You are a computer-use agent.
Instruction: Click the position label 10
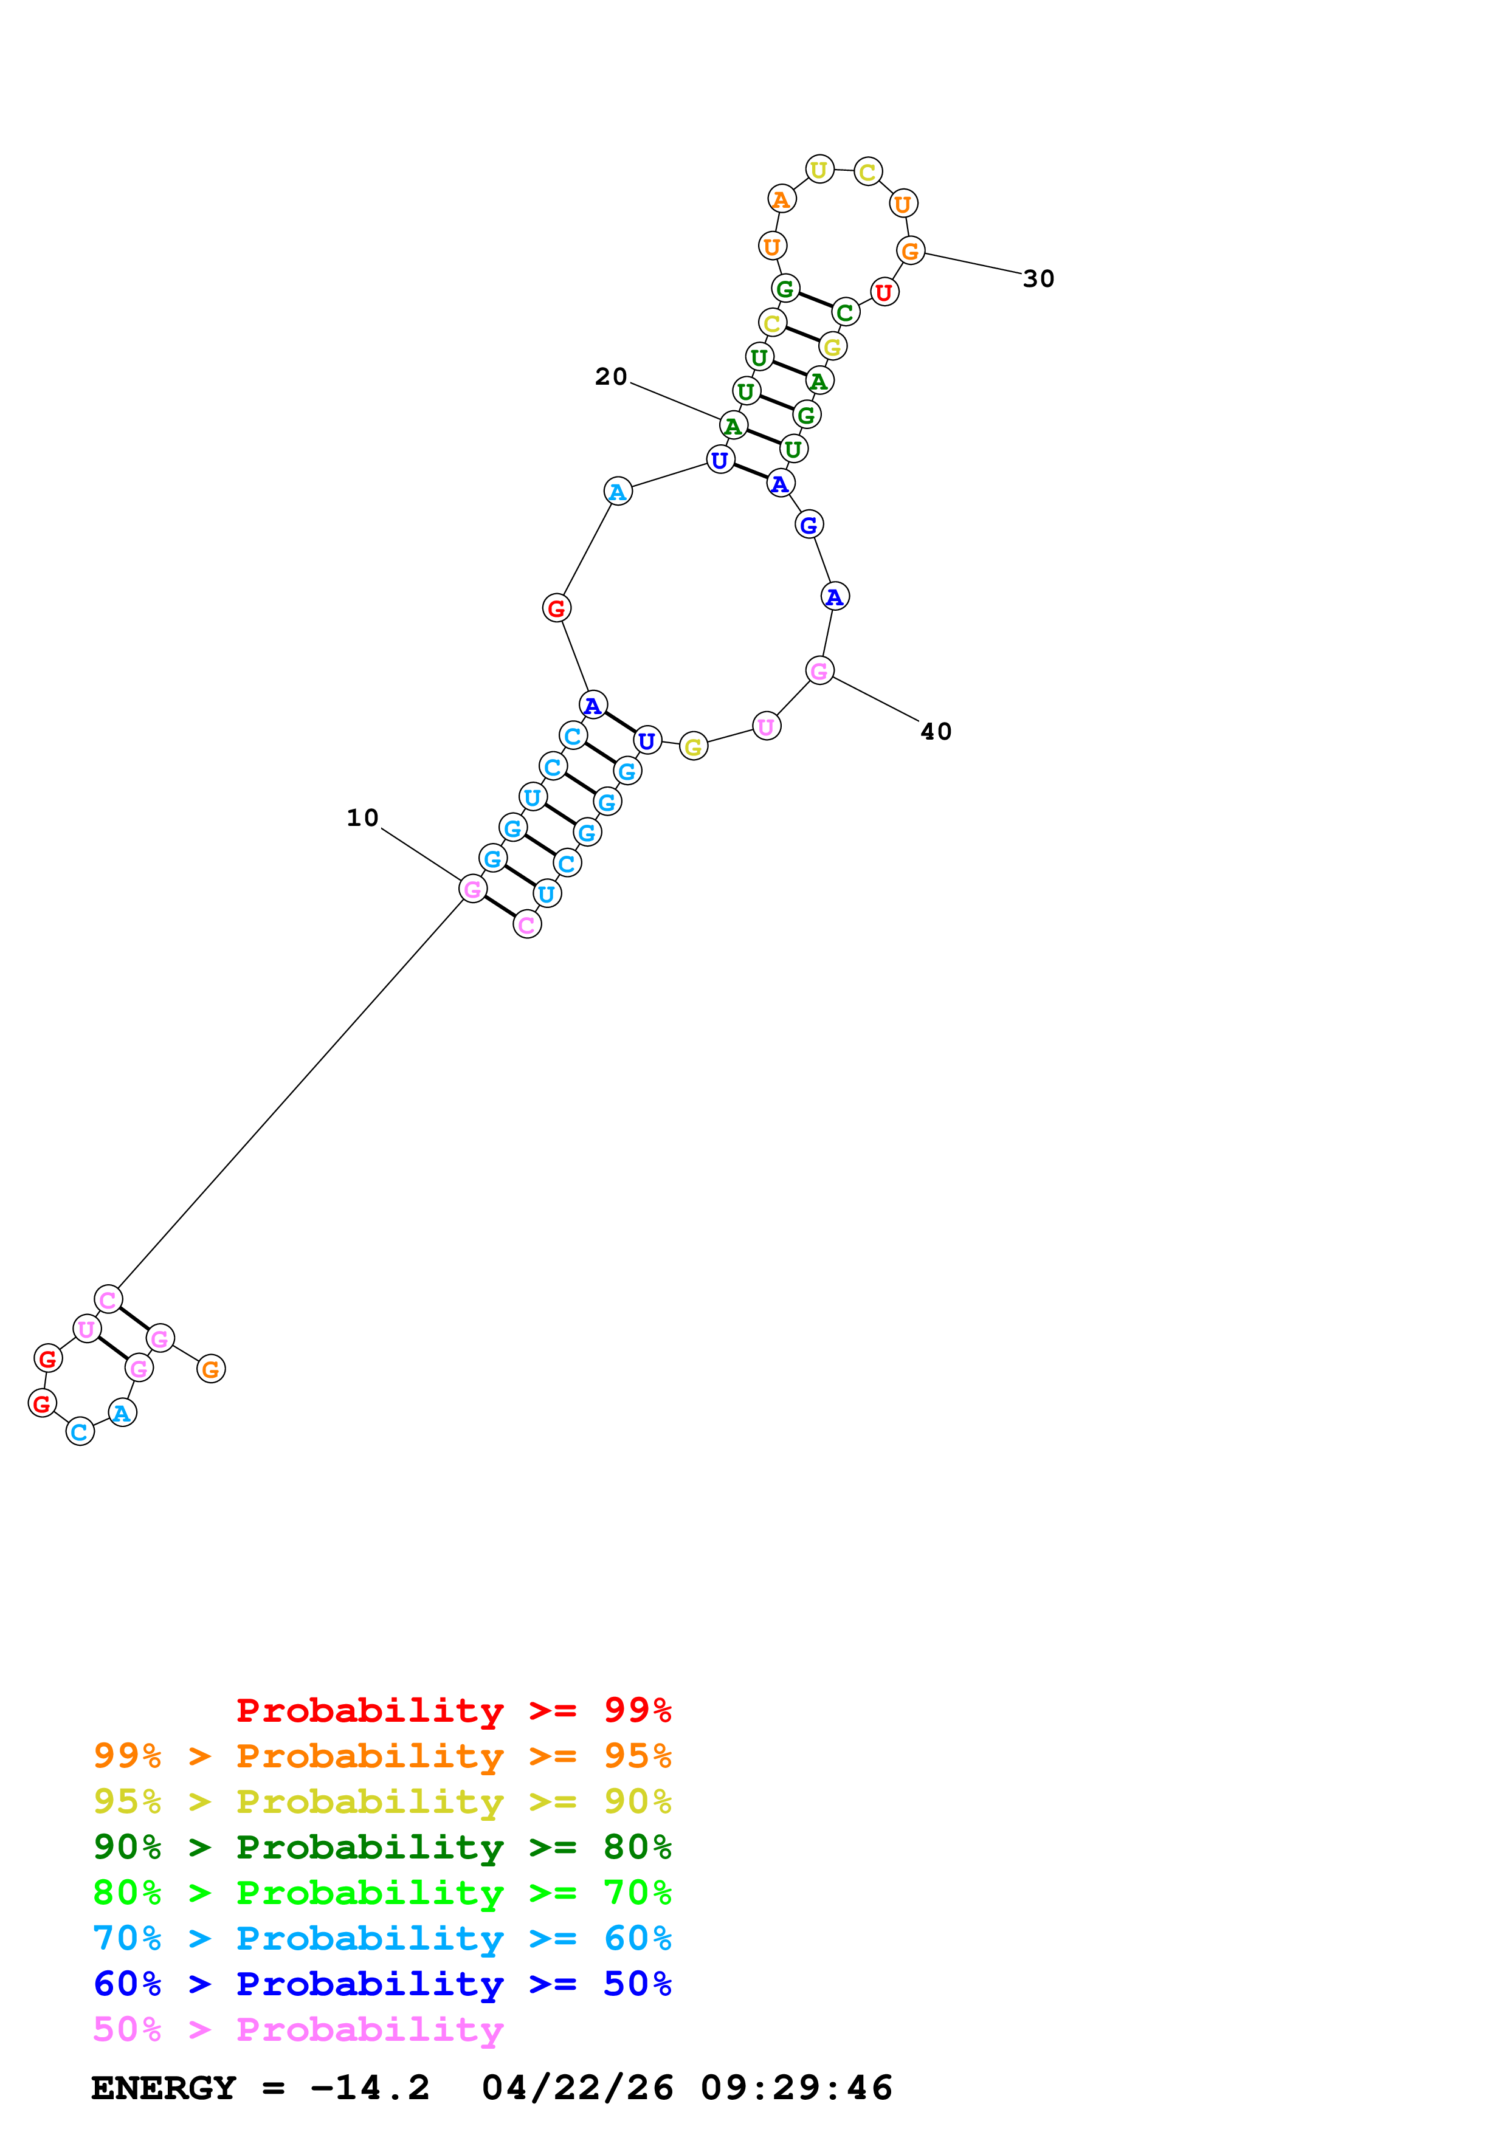pos(362,818)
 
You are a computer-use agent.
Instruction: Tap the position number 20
pos(611,377)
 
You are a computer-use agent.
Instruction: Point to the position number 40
pos(936,732)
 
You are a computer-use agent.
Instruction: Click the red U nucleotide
pos(884,292)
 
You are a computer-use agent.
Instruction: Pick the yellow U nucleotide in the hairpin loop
pos(819,170)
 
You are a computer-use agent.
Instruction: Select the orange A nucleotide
pos(782,199)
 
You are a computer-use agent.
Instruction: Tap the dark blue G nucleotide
pos(809,524)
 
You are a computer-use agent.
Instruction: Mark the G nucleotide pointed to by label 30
pos(910,251)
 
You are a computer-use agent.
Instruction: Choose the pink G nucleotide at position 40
pos(819,670)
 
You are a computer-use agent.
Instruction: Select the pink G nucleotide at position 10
pos(472,890)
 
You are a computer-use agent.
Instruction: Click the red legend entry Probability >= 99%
pos(453,1710)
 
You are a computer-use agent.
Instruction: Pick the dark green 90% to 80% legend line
pos(382,1847)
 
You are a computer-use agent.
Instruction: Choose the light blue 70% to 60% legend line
pos(382,1938)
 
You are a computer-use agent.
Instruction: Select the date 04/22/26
pos(578,2088)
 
